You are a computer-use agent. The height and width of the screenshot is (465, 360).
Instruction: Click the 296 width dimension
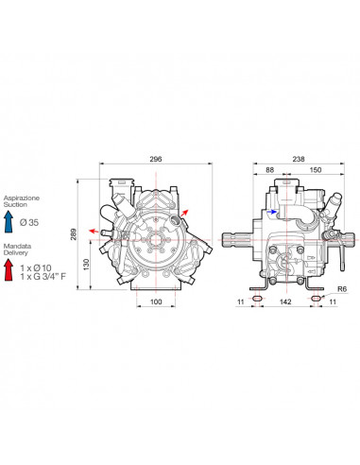tap(156, 159)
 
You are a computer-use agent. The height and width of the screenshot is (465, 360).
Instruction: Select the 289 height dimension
tap(74, 234)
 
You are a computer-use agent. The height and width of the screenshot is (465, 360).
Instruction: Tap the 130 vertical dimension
tap(87, 265)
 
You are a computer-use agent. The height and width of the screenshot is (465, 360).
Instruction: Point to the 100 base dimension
tap(156, 301)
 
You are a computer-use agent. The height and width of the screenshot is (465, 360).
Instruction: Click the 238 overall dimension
tap(299, 159)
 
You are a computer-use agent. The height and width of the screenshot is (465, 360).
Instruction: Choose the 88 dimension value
tap(269, 170)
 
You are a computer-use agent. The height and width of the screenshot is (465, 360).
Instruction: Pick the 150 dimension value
tap(316, 170)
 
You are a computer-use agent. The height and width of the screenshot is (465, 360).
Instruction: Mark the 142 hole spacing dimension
tap(285, 301)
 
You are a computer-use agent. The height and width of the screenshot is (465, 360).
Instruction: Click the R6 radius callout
tap(342, 289)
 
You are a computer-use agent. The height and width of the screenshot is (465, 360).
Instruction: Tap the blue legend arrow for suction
tap(9, 221)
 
